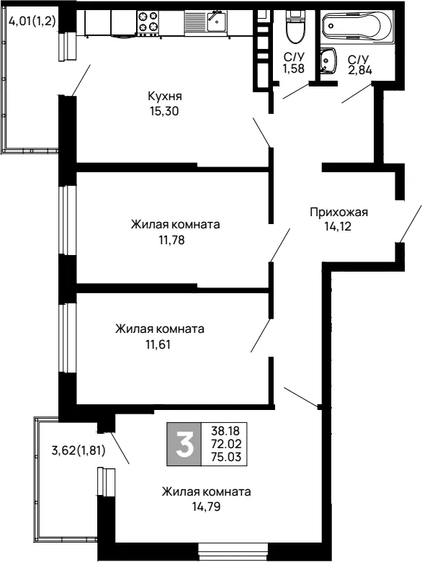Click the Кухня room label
165,97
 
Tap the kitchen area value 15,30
164,112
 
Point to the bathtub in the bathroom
357,26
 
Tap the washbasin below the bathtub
328,61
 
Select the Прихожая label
338,212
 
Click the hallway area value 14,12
338,226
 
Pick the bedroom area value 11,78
171,240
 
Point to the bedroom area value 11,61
158,345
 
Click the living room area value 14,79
206,507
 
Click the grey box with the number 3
184,444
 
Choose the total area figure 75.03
226,457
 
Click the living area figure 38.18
225,430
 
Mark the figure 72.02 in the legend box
226,444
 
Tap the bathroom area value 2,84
359,69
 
